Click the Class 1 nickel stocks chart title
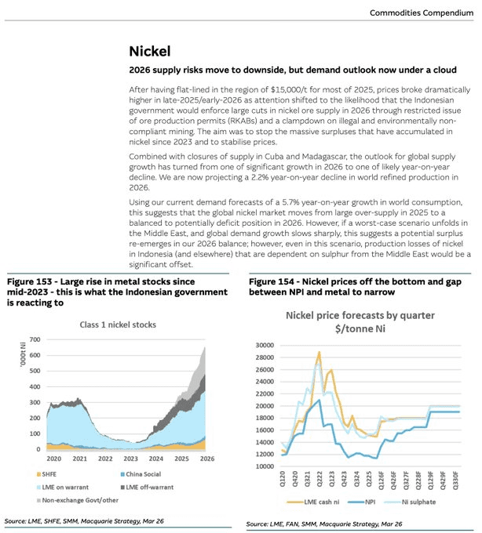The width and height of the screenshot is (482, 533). tap(117, 325)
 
